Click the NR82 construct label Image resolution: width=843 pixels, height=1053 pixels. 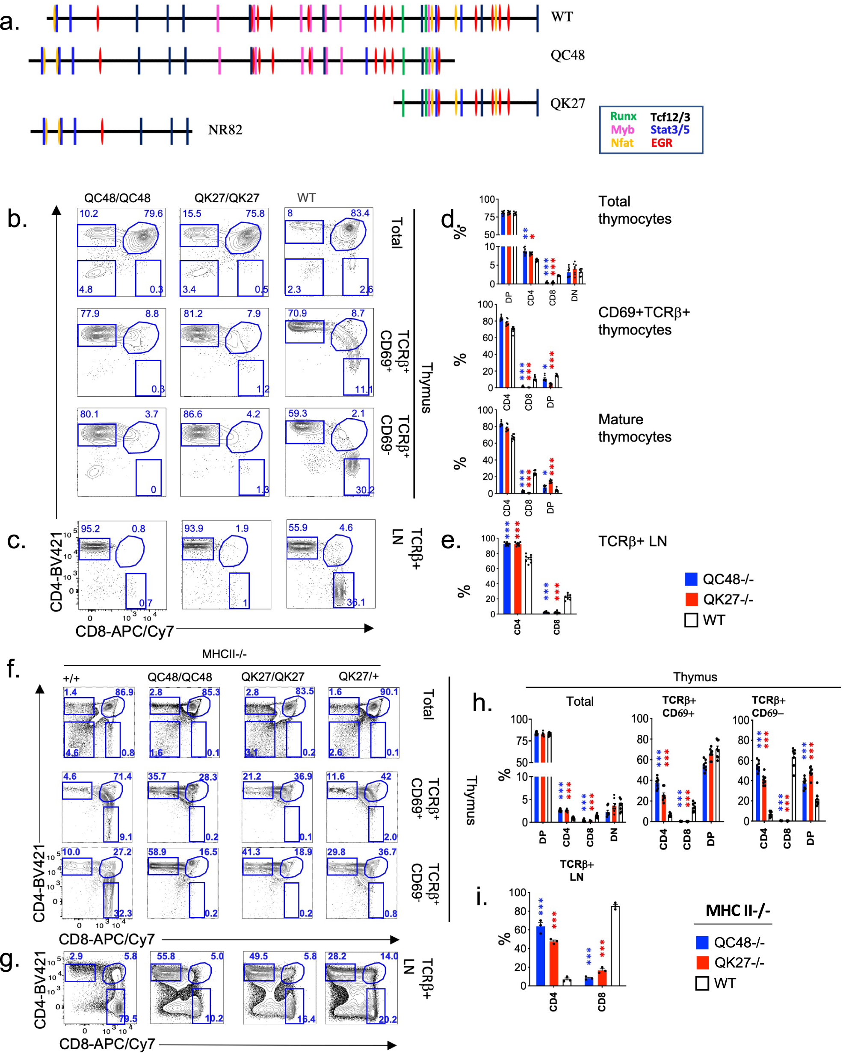coord(225,130)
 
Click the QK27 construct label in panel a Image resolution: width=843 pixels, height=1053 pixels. coord(567,104)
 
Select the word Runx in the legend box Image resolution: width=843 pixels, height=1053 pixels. coord(623,116)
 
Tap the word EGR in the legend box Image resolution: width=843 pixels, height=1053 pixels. coord(661,143)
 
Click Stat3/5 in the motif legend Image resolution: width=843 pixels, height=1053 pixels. coord(670,130)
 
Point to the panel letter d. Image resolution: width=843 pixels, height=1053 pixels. coord(447,220)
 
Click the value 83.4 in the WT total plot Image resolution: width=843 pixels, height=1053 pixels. coord(360,213)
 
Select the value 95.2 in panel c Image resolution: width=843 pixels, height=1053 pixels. coord(90,529)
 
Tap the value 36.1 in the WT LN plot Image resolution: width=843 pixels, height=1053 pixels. coord(355,602)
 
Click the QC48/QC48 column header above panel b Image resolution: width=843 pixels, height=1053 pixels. coord(117,198)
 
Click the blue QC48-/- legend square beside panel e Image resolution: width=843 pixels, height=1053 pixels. coord(691,579)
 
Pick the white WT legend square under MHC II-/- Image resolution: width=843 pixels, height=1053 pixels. coord(702,983)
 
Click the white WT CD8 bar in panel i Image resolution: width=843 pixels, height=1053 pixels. coord(615,946)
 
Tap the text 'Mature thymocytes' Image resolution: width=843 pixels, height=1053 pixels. coord(634,428)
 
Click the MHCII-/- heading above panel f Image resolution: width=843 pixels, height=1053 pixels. coord(224,654)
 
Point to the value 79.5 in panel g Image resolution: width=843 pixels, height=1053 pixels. coord(127,1018)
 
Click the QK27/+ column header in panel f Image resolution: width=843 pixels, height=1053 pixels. coord(358,677)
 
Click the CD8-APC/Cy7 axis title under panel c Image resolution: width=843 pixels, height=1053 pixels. coord(124,632)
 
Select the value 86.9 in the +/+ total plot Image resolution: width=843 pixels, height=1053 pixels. coord(124,692)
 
